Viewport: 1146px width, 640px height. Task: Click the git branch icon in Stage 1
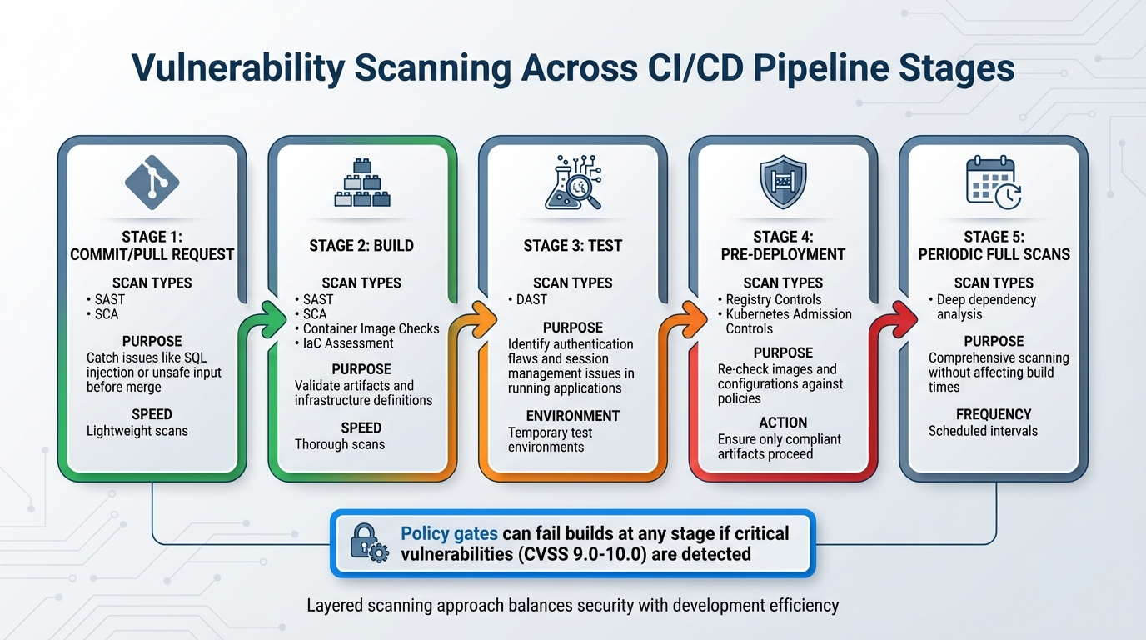coord(152,182)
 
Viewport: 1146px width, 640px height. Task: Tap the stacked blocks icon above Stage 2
coord(361,182)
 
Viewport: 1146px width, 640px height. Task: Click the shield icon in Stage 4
coord(783,182)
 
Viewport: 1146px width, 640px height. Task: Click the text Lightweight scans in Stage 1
coord(137,431)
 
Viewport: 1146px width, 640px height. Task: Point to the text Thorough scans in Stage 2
coord(340,444)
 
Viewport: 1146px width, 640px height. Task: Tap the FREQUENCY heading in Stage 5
coord(994,414)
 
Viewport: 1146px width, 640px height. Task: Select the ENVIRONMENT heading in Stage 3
coord(572,416)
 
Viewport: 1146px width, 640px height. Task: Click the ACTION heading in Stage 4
coord(782,422)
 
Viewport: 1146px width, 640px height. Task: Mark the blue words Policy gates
coord(449,533)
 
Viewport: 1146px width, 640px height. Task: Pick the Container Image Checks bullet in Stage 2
coord(371,328)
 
